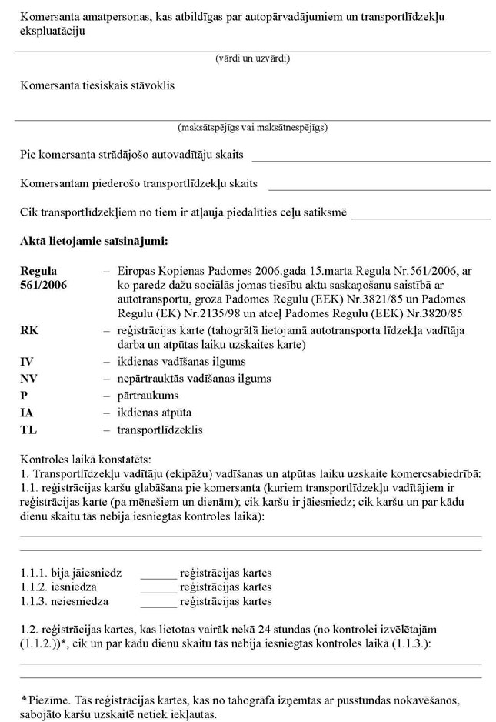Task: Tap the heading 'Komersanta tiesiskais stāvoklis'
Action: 98,85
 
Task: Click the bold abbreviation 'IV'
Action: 27,362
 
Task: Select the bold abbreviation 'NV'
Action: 28,379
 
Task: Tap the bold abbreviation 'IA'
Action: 27,413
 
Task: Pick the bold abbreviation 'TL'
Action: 28,430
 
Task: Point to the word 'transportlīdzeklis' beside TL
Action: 160,430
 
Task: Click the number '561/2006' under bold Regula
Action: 43,285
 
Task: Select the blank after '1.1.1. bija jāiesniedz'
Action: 158,575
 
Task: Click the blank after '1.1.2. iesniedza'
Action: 158,588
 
